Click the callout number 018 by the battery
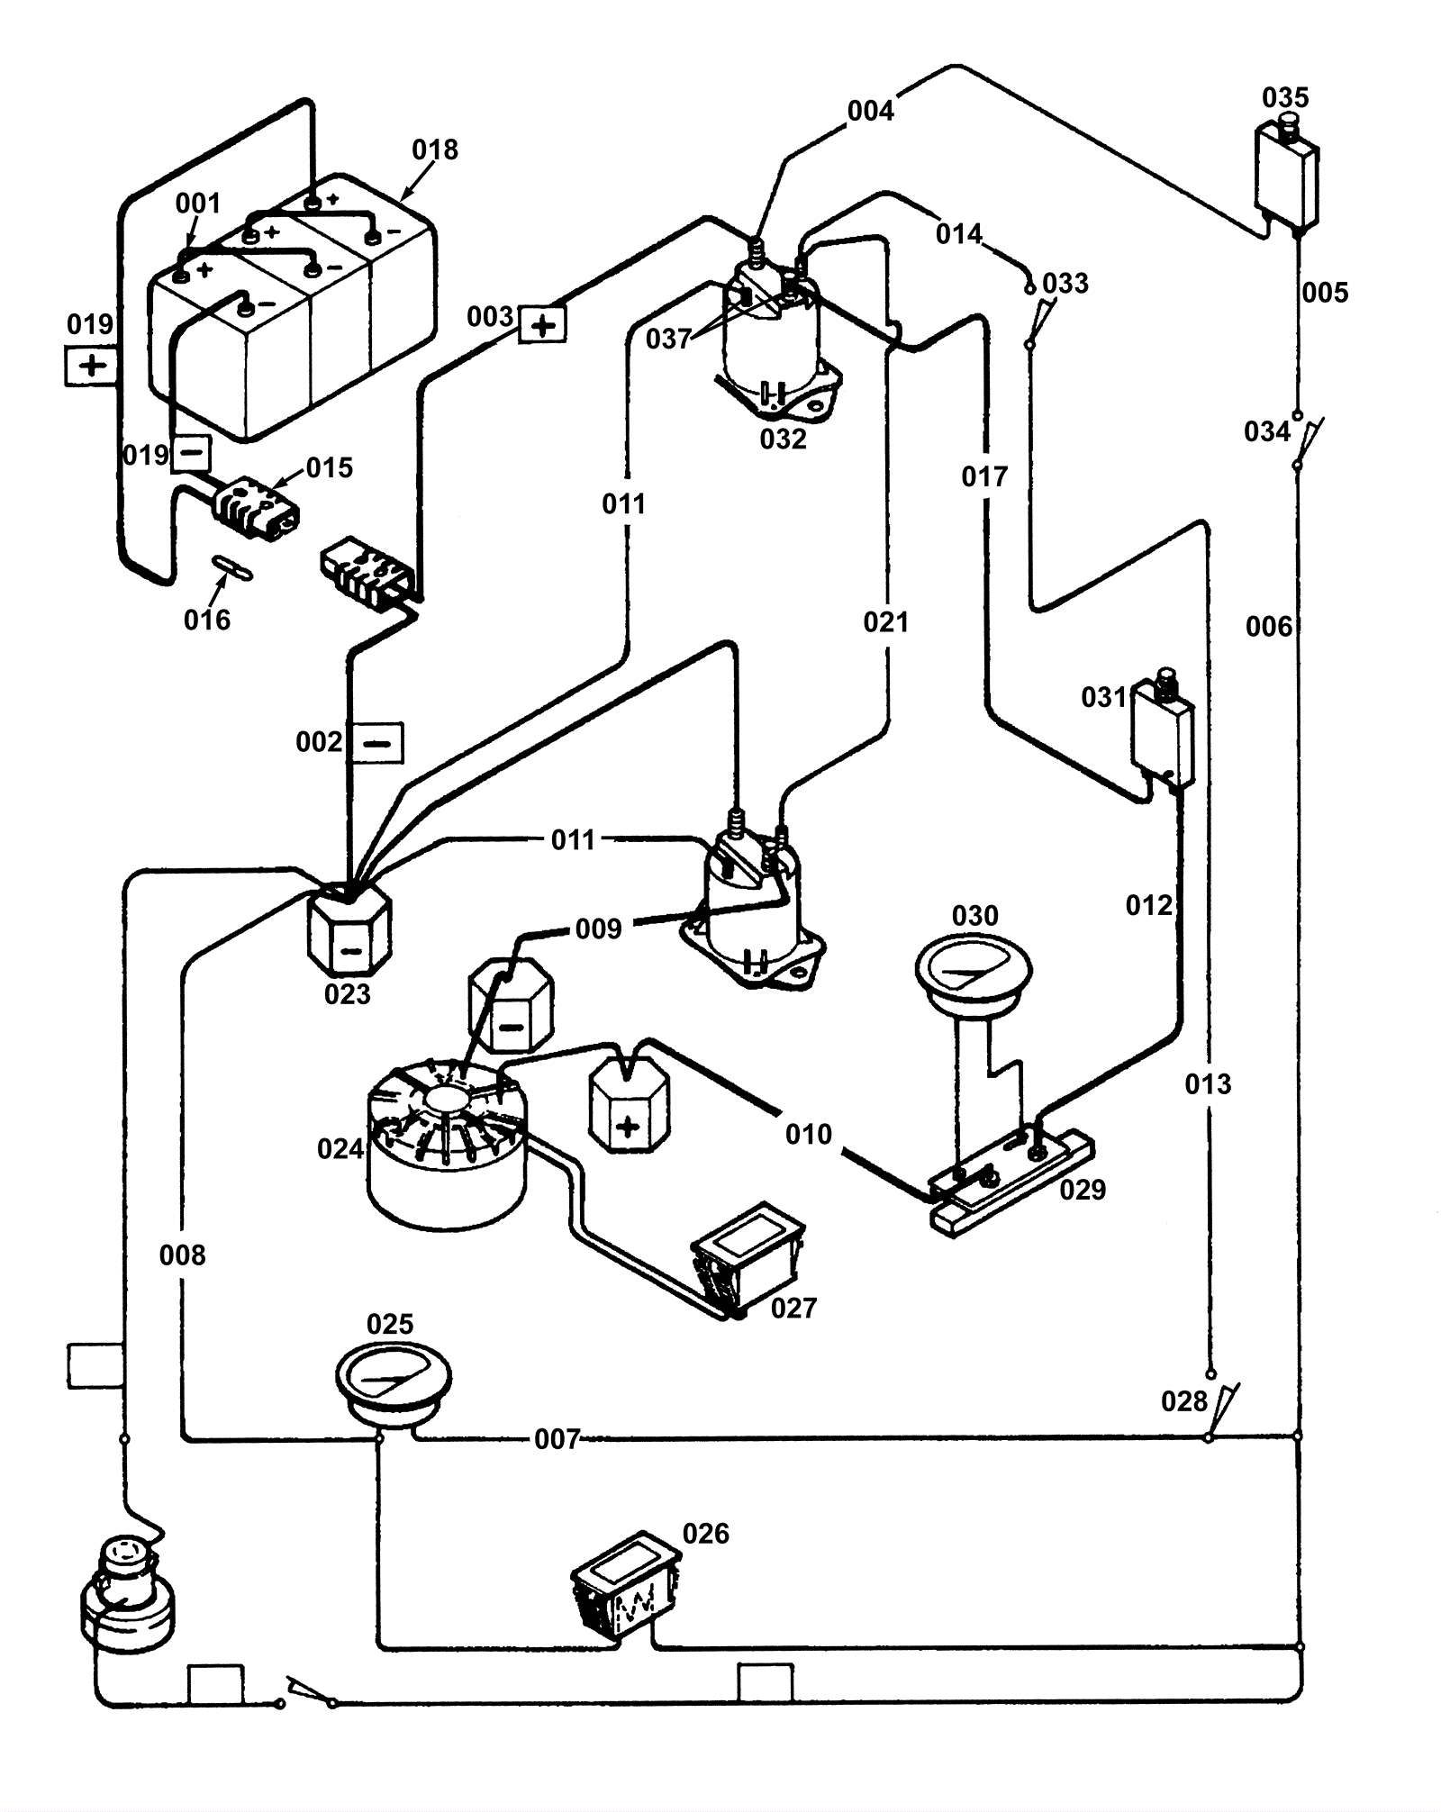[x=435, y=149]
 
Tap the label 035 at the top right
[x=1285, y=97]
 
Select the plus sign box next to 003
[x=543, y=324]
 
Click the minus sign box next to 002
[x=377, y=744]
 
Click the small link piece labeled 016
[x=231, y=567]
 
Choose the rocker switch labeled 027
[x=748, y=1258]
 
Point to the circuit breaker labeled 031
[x=1164, y=730]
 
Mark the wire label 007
[x=557, y=1439]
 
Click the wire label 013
[x=1208, y=1084]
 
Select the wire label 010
[x=808, y=1135]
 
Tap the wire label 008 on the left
[x=182, y=1255]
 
